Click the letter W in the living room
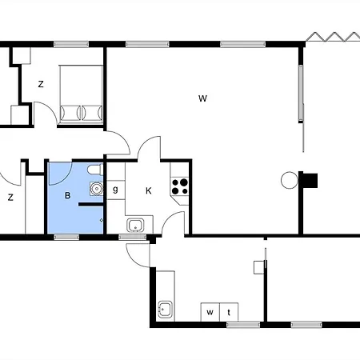pos(202,98)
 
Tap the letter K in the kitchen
pos(149,190)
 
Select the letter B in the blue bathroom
pos(68,195)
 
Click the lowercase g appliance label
pos(115,190)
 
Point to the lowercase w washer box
pos(210,312)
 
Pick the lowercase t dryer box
pos(229,312)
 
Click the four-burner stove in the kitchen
pos(180,186)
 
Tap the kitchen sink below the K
pos(135,226)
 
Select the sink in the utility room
pos(165,310)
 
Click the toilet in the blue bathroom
pos(95,170)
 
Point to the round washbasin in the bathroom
pos(96,189)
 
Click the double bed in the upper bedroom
pos(81,94)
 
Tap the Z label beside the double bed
pos(41,84)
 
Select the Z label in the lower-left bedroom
pos(10,198)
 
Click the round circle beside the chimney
pos(290,180)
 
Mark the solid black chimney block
pos(310,181)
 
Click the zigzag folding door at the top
pos(333,37)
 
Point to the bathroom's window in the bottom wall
pos(66,237)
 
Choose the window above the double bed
pos(71,44)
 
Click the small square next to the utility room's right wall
pos(258,267)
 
